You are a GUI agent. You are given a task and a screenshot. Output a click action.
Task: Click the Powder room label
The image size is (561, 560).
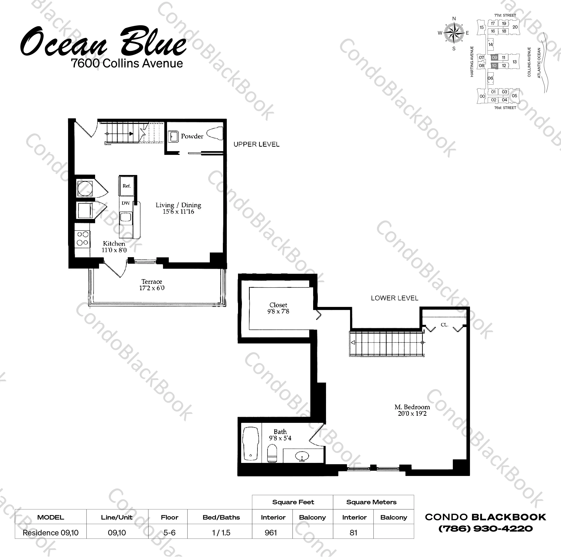click(x=192, y=136)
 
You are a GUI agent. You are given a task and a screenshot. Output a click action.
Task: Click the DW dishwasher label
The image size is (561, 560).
click(x=126, y=203)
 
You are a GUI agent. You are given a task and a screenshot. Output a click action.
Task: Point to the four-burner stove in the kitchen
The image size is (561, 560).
click(x=82, y=239)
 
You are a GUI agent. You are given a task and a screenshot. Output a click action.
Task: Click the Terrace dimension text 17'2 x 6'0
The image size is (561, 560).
click(x=152, y=288)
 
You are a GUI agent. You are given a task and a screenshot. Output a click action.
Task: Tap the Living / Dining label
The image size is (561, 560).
click(x=178, y=205)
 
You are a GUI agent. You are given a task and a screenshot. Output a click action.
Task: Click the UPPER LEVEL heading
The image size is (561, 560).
click(x=256, y=144)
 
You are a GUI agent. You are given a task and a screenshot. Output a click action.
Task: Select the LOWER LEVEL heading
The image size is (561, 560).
click(x=394, y=298)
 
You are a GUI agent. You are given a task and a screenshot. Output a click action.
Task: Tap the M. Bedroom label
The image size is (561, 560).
click(x=412, y=407)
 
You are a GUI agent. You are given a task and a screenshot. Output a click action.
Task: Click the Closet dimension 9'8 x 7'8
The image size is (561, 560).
click(x=278, y=312)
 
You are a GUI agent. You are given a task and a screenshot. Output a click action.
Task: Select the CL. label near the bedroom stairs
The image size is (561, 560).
click(x=444, y=325)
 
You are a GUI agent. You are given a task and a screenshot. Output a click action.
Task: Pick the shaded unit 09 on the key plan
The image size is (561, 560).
click(x=494, y=57)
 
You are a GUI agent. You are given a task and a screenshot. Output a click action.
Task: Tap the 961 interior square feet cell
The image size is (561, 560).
click(x=271, y=533)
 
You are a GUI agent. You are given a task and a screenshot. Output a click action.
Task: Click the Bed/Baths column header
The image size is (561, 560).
click(x=221, y=517)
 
